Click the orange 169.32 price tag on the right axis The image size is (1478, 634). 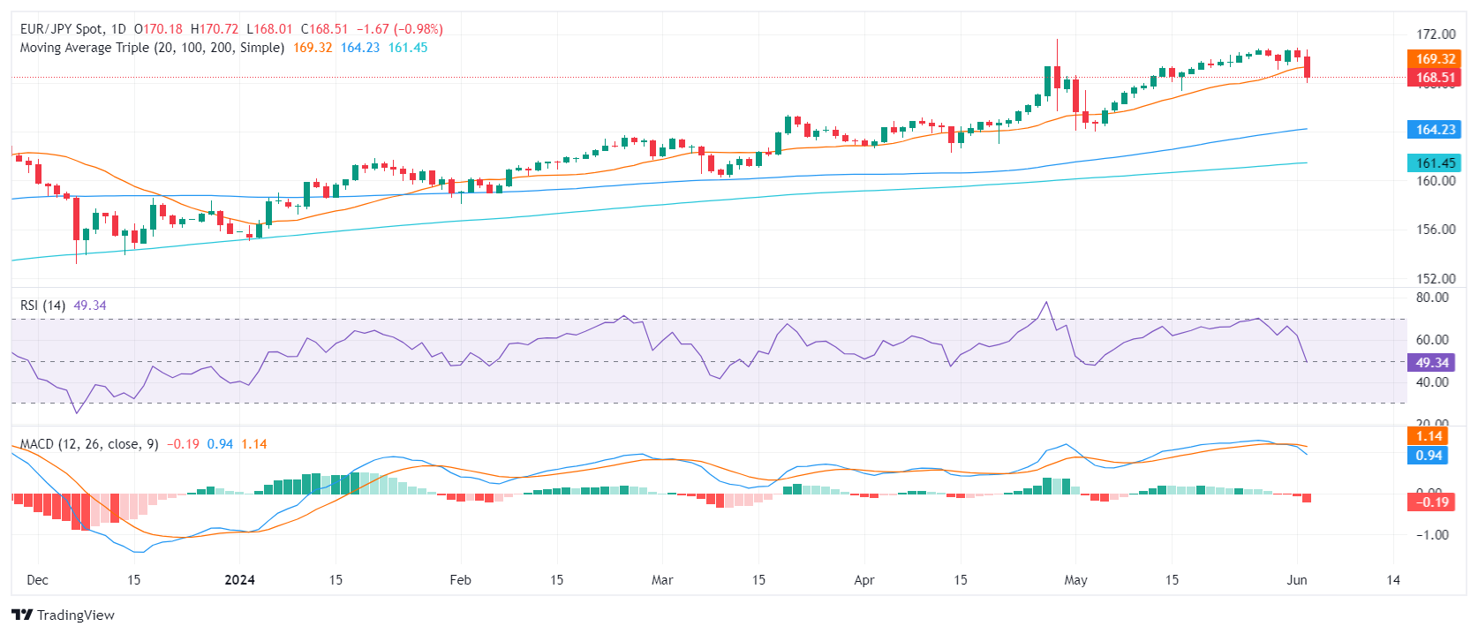(1435, 59)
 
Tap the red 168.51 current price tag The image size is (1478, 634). (1435, 78)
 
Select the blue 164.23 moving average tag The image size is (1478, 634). (1435, 130)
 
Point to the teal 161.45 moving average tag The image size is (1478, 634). (1435, 163)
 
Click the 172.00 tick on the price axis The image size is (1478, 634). (1436, 34)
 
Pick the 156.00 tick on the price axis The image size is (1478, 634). (1436, 230)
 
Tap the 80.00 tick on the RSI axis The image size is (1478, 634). (1432, 298)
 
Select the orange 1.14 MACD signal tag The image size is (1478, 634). (1429, 436)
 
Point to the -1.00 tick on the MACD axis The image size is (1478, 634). (1432, 535)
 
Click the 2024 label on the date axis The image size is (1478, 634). (239, 580)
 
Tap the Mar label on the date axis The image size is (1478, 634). (662, 580)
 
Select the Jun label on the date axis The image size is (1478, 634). (1297, 580)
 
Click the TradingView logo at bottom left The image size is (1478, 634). (64, 615)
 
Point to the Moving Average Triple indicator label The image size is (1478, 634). (152, 48)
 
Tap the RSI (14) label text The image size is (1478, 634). (43, 306)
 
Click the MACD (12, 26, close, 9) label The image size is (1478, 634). (89, 444)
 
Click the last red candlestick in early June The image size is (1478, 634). (1308, 67)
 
